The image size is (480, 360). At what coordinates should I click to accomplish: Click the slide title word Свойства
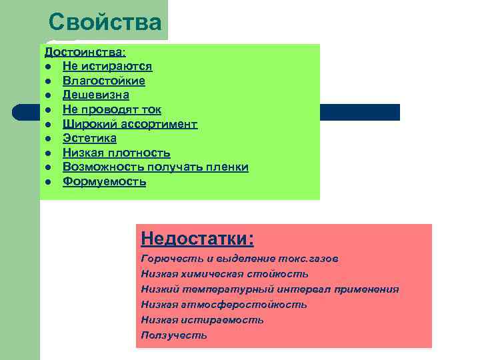pos(105,22)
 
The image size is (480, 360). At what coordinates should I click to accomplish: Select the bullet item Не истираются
pos(107,66)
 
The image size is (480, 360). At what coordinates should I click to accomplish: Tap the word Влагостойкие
pos(104,81)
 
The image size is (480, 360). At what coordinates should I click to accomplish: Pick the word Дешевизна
pos(96,95)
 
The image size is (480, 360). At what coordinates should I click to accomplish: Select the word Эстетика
pos(89,138)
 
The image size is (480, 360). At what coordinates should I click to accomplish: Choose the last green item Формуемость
pos(104,181)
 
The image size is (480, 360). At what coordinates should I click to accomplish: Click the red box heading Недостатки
pos(197,238)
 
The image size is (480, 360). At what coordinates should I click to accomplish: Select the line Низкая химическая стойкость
pos(225,274)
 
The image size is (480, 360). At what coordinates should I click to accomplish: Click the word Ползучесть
pos(174,335)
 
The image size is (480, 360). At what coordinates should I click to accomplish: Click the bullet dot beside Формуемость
pos(49,182)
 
